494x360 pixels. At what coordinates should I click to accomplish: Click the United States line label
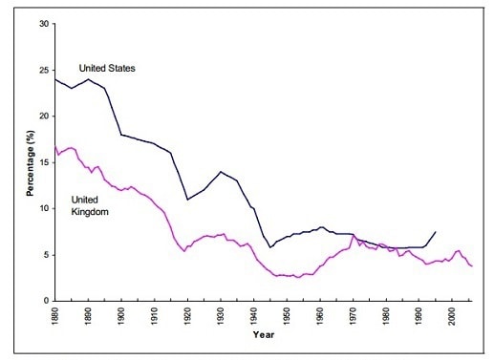pyautogui.click(x=107, y=68)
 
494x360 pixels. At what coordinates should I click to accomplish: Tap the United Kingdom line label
pyautogui.click(x=90, y=206)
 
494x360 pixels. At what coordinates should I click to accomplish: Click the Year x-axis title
pyautogui.click(x=264, y=334)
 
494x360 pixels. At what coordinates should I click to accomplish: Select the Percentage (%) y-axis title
pyautogui.click(x=31, y=163)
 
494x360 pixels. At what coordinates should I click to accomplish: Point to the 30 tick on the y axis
pyautogui.click(x=45, y=24)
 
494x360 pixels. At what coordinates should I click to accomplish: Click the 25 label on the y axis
pyautogui.click(x=45, y=71)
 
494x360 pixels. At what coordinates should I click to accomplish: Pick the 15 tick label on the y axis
pyautogui.click(x=45, y=162)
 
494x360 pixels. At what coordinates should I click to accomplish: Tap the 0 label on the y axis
pyautogui.click(x=47, y=301)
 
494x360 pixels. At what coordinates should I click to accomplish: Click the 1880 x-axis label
pyautogui.click(x=55, y=316)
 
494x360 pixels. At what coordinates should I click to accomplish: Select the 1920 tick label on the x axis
pyautogui.click(x=187, y=316)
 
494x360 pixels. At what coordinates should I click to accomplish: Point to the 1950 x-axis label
pyautogui.click(x=287, y=316)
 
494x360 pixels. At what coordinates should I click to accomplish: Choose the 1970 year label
pyautogui.click(x=353, y=316)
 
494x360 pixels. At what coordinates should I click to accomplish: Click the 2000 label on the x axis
pyautogui.click(x=452, y=316)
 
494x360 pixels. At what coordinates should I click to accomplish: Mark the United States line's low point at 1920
pyautogui.click(x=187, y=200)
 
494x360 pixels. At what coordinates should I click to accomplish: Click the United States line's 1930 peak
pyautogui.click(x=221, y=172)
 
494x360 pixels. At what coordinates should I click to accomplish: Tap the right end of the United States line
pyautogui.click(x=436, y=232)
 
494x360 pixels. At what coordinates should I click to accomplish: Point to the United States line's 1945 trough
pyautogui.click(x=270, y=247)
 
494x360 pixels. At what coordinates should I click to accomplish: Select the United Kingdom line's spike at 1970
pyautogui.click(x=353, y=236)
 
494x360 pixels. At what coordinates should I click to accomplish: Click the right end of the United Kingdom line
pyautogui.click(x=472, y=266)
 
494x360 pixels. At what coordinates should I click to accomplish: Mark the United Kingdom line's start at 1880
pyautogui.click(x=55, y=146)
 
